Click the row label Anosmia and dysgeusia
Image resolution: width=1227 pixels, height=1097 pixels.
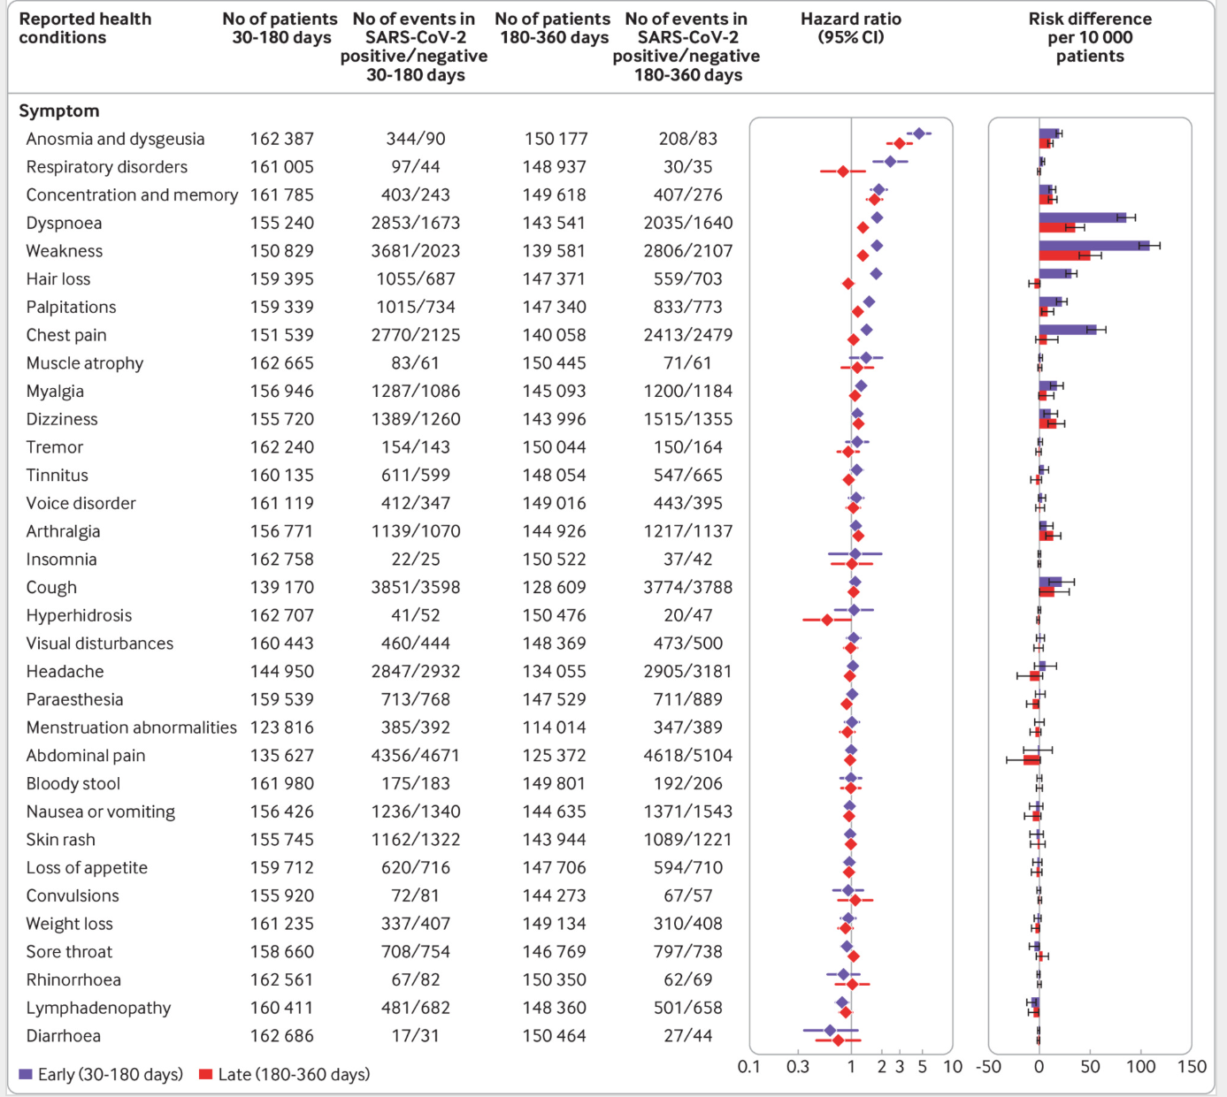pos(115,139)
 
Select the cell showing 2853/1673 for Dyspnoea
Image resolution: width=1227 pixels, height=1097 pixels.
pos(416,223)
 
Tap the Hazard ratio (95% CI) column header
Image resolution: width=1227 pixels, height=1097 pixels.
pos(850,28)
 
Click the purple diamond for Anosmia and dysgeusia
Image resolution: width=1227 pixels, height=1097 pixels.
pos(918,133)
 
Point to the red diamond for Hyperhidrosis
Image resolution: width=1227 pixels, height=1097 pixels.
pos(827,620)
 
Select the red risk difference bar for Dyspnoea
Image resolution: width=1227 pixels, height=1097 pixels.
pos(1057,228)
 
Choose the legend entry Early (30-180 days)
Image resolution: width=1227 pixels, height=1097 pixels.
pos(101,1075)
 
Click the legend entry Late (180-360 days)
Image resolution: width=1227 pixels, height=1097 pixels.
pos(285,1075)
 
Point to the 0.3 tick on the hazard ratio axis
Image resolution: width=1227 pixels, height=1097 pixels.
pos(798,1067)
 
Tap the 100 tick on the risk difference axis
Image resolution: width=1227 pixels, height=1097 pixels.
pos(1140,1067)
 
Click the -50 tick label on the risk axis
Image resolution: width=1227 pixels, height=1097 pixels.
pos(988,1067)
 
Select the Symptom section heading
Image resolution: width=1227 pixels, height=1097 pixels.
pos(59,111)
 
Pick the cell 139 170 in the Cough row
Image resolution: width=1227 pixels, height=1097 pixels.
pos(281,588)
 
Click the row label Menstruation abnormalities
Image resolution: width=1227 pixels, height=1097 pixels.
pos(132,728)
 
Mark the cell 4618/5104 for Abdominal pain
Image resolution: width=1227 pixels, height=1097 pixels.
pos(687,756)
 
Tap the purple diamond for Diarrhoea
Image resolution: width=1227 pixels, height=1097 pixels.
pos(830,1031)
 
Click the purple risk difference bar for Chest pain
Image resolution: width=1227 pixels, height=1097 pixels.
pos(1068,330)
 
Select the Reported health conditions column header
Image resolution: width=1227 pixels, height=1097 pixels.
pos(85,28)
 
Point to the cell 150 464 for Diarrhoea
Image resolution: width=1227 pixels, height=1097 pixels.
pos(554,1036)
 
